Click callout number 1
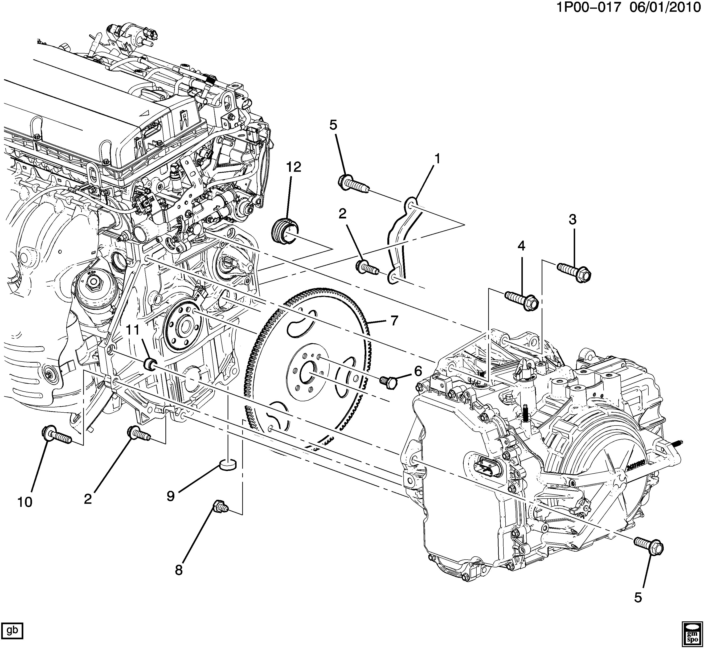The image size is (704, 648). click(437, 160)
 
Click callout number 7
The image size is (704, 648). click(394, 320)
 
